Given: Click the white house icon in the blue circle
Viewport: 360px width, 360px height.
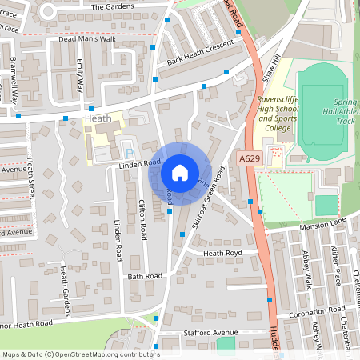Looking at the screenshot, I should coord(180,172).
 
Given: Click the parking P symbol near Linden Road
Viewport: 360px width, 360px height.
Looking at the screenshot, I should coord(128,153).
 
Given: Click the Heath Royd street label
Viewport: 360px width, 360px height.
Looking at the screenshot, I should coord(222,254).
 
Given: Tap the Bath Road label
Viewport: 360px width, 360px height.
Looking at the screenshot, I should coord(145,275).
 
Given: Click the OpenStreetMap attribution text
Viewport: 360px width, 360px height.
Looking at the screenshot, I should coord(81,354).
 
